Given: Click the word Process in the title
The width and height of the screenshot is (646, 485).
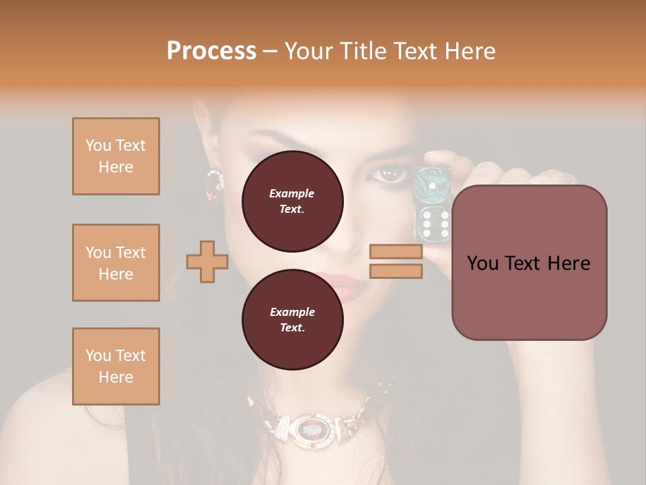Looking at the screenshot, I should (x=211, y=51).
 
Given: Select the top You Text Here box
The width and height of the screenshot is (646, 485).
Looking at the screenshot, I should (x=116, y=156).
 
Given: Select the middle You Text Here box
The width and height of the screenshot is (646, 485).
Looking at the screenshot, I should (x=116, y=263).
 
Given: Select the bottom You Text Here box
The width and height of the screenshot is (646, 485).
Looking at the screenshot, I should (x=116, y=366).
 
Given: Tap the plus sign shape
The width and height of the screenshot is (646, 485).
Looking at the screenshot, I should (x=207, y=261).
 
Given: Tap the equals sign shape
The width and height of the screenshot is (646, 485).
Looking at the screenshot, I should (x=396, y=261).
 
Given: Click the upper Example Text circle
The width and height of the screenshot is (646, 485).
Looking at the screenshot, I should (x=292, y=201).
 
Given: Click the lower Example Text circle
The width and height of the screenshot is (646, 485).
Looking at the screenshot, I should (x=292, y=320).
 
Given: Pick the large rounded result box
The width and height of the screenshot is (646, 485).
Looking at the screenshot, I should (x=529, y=263).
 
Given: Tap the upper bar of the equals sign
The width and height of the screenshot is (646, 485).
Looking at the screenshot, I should (x=396, y=252).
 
